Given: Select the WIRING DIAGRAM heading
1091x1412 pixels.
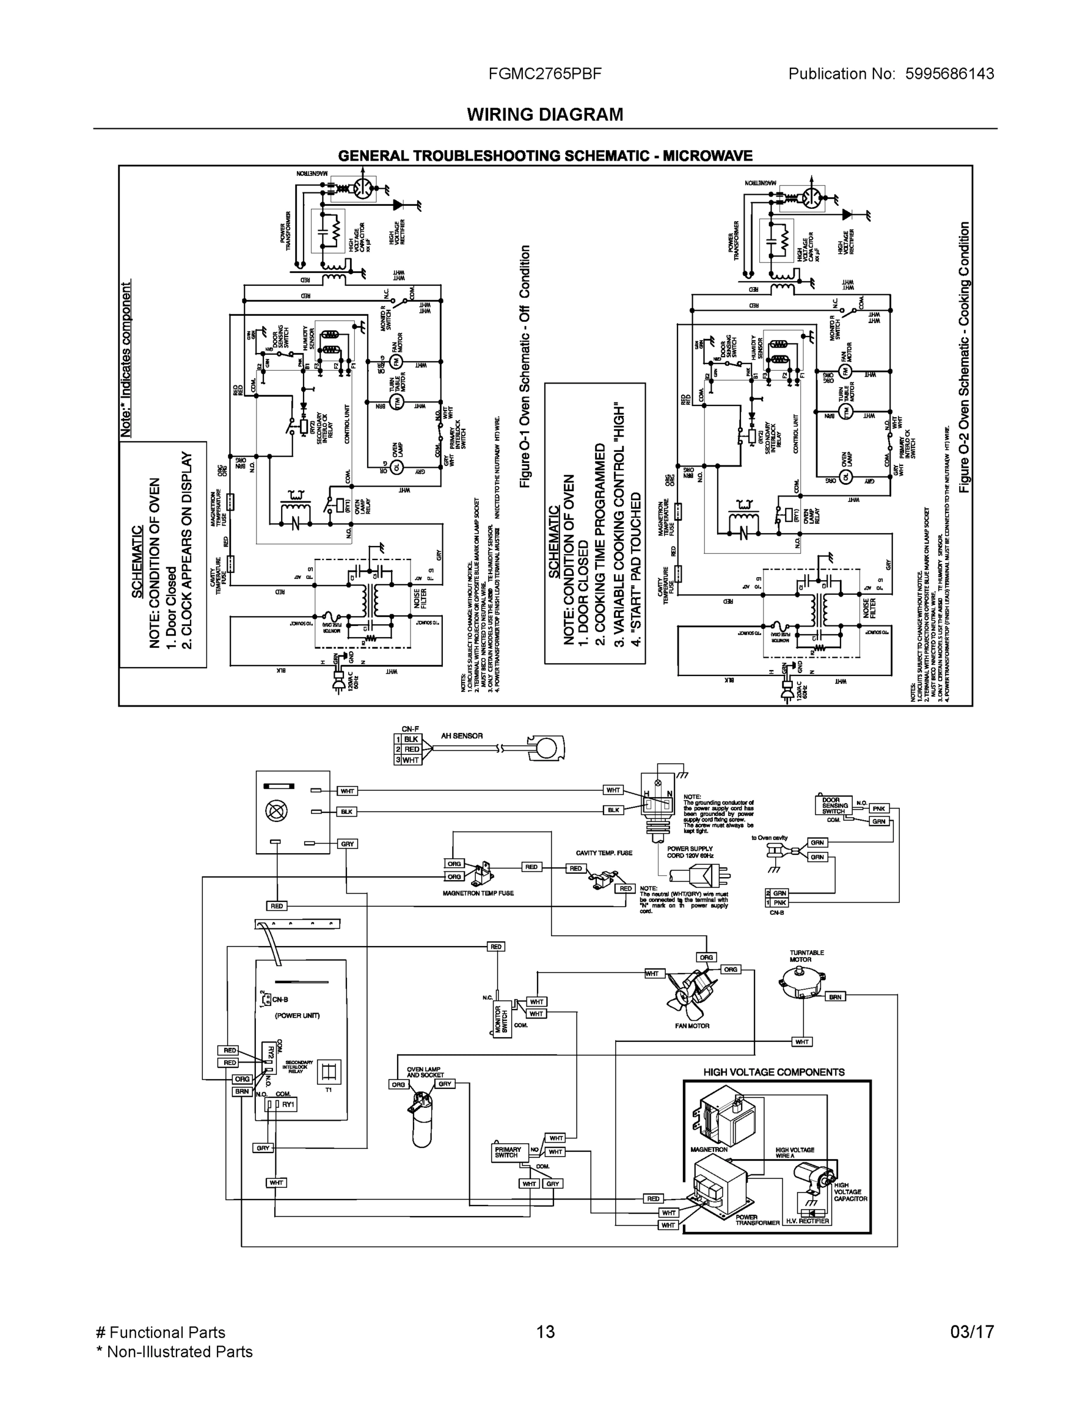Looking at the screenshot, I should point(545,115).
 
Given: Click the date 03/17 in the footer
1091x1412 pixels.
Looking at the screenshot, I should point(972,1332).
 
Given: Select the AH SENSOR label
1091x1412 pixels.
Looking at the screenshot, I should point(462,736).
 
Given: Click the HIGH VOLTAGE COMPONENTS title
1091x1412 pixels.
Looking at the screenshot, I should point(773,1072).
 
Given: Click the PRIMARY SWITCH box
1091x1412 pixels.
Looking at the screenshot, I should point(508,1153).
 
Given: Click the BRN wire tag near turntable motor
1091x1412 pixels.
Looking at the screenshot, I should point(835,997).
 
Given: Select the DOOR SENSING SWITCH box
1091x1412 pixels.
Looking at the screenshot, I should point(835,805).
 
